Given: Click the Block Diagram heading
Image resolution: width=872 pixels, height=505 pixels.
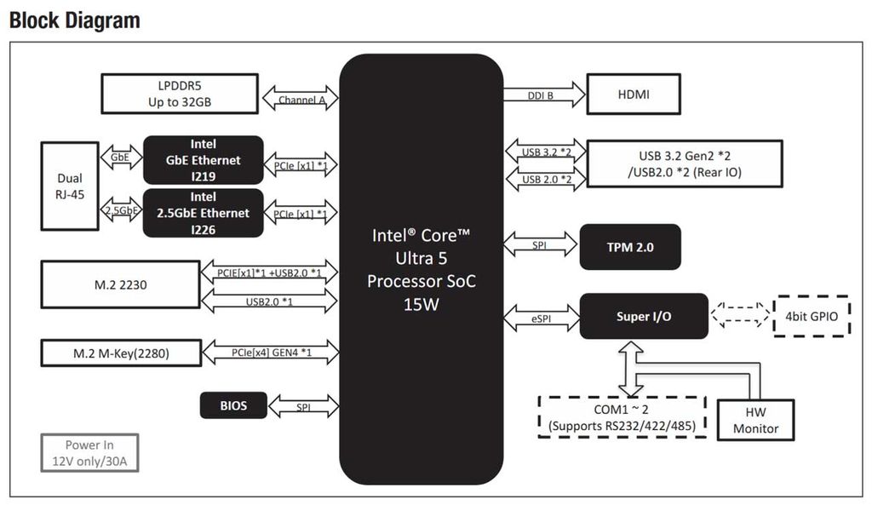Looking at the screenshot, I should [x=74, y=20].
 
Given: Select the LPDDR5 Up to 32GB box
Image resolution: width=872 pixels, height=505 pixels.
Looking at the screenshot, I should [x=179, y=94].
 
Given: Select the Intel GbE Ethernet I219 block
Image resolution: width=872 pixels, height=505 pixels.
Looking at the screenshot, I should [x=203, y=160].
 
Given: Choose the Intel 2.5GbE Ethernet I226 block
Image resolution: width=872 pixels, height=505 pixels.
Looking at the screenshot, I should [x=203, y=213].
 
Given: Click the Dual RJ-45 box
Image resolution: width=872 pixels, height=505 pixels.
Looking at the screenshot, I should [x=70, y=187].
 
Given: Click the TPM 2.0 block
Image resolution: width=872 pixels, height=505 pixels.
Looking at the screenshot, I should [x=630, y=248].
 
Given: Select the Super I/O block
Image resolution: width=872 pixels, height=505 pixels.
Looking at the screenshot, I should [x=644, y=316].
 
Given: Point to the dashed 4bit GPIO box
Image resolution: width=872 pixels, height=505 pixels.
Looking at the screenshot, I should [x=811, y=316].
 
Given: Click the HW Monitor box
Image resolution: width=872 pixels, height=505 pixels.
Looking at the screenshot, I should [x=755, y=420].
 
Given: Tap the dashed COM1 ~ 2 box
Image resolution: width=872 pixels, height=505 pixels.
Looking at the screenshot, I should [x=622, y=416].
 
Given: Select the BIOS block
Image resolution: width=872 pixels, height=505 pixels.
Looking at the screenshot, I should [x=233, y=405].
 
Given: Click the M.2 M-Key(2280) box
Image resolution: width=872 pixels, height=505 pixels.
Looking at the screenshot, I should [x=120, y=352].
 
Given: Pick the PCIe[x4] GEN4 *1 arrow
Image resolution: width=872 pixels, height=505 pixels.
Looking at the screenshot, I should [x=271, y=352].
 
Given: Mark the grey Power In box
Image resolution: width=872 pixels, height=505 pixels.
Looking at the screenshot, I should [x=89, y=453].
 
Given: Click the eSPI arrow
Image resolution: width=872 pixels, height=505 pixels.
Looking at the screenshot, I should [x=542, y=318].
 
